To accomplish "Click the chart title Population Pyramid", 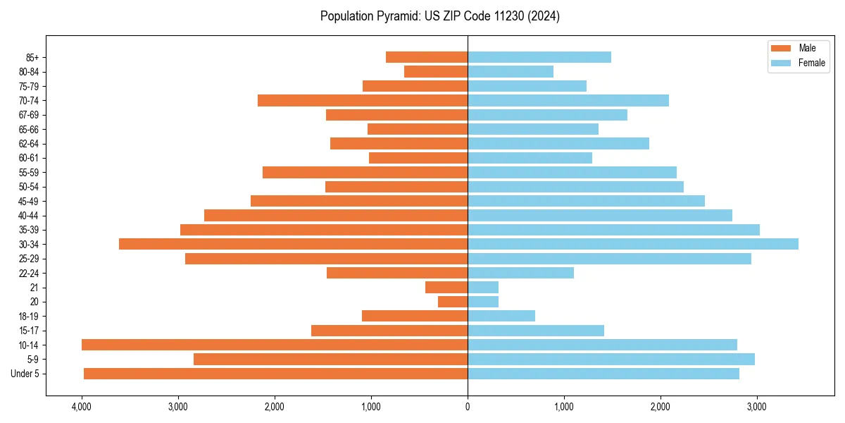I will click(439, 16).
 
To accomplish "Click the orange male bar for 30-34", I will click(293, 244).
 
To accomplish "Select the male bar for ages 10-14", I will click(275, 345).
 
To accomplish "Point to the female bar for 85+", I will click(539, 57).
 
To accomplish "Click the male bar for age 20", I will click(453, 302).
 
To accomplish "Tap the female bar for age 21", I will click(483, 287).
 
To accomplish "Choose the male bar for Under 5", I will click(275, 374).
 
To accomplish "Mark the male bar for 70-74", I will click(363, 100).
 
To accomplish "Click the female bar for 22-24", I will click(520, 273).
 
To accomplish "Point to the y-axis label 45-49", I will click(28, 201).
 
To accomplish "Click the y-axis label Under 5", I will click(25, 374).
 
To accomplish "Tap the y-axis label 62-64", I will click(28, 143).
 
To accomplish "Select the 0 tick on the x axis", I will click(468, 407).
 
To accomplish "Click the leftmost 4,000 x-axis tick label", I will click(82, 407).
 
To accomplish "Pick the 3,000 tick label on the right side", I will click(756, 407).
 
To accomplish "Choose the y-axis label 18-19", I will click(28, 316).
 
